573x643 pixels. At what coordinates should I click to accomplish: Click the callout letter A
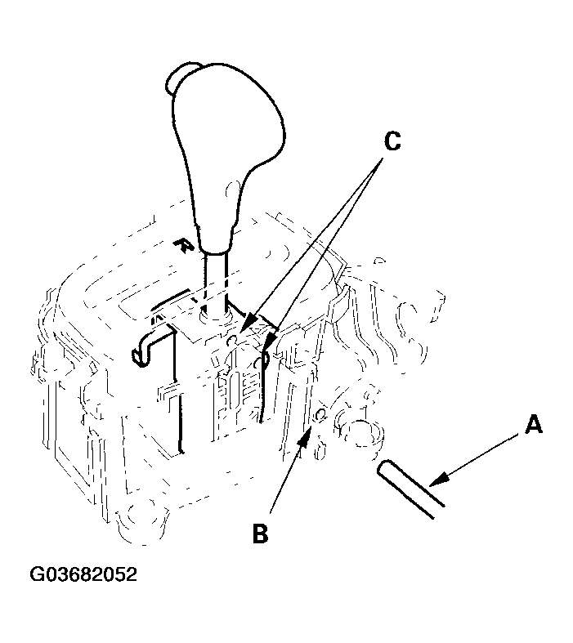534,424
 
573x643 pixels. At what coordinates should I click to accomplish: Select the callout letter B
260,533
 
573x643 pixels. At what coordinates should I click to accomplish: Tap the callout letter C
392,141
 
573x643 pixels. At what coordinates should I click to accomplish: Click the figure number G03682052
83,574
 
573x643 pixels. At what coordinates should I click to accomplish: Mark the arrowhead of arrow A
437,478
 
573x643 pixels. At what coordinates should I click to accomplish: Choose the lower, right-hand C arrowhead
271,342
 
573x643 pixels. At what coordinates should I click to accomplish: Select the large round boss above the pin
362,434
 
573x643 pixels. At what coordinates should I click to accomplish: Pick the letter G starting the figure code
36,574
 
